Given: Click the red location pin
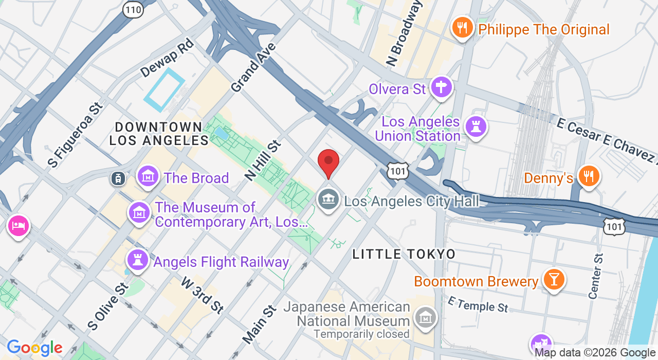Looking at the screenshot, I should tap(328, 163).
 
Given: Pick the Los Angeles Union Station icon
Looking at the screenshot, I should tap(476, 127).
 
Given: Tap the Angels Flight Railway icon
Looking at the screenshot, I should tap(138, 260).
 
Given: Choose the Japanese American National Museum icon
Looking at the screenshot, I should tap(426, 318).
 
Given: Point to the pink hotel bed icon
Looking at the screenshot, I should tap(19, 226).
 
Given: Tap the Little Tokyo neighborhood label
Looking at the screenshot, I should tap(404, 254).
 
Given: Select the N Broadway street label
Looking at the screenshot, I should tap(406, 33).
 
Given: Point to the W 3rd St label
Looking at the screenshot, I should tap(203, 295).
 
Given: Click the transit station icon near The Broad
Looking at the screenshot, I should tap(118, 178).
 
